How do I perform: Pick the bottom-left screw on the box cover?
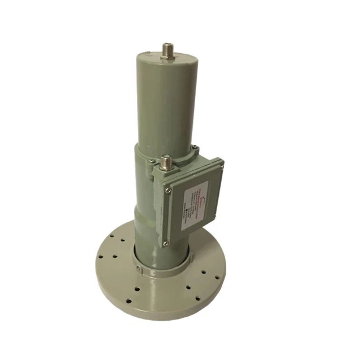[165, 243]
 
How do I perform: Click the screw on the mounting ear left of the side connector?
[152, 162]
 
